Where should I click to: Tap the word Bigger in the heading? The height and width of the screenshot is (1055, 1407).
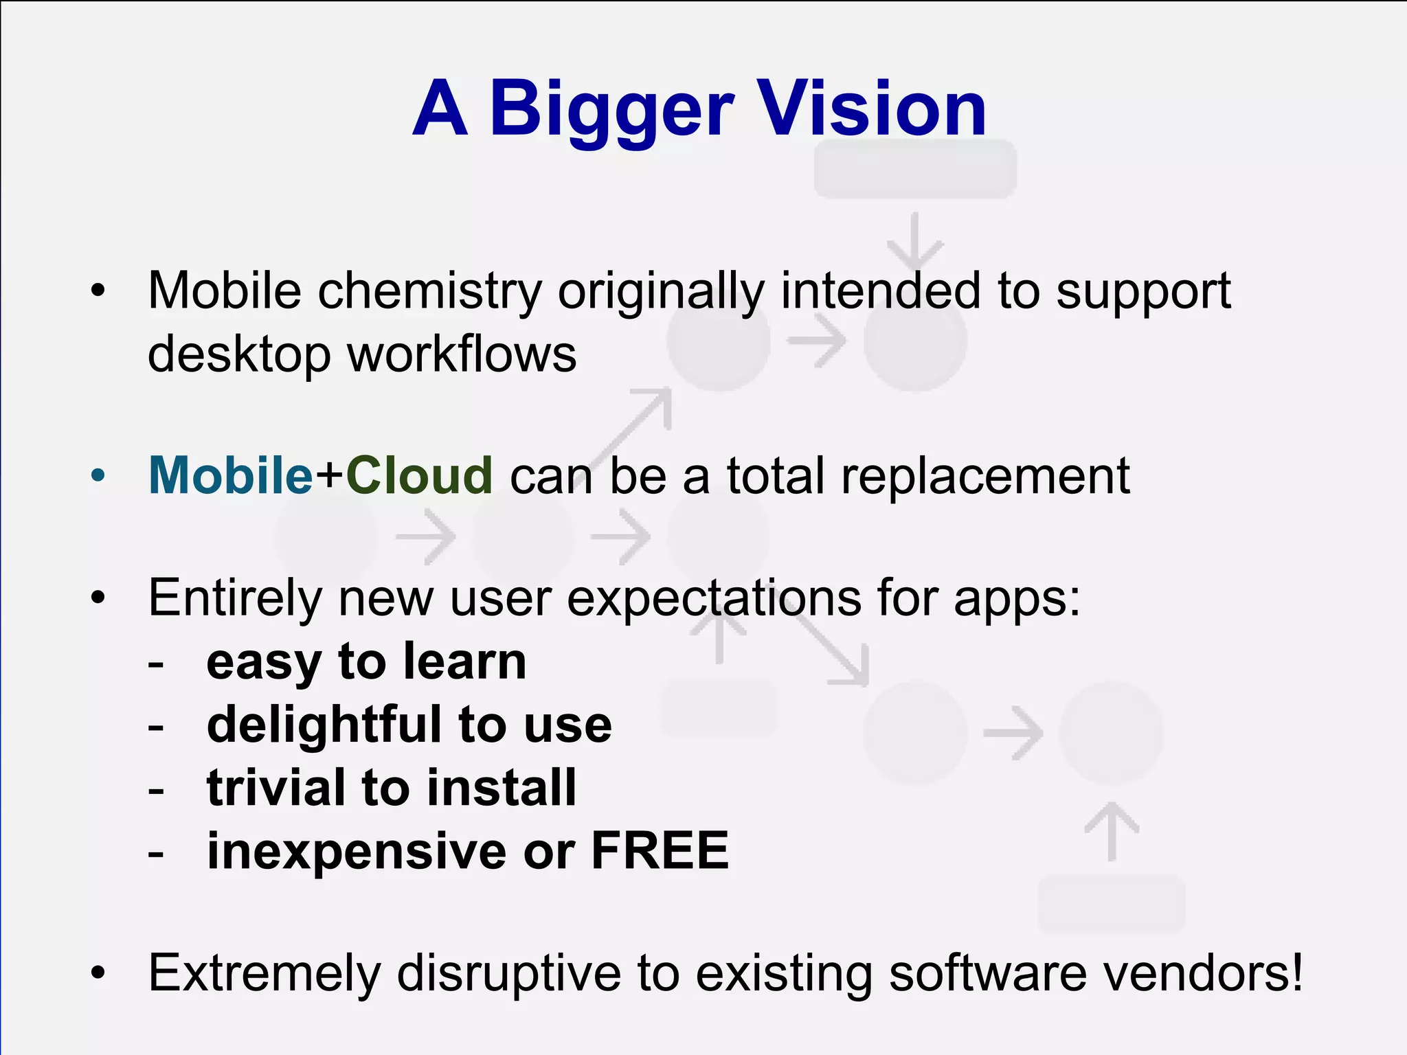click(611, 110)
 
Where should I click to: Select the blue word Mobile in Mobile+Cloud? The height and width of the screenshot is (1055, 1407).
click(231, 475)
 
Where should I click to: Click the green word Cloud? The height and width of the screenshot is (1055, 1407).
click(419, 475)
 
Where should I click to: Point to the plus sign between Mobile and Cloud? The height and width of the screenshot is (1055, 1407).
click(330, 477)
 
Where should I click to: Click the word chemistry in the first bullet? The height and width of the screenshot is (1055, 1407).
click(430, 291)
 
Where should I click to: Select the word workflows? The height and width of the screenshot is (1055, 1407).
click(462, 354)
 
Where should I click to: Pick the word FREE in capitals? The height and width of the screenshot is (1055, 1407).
click(660, 850)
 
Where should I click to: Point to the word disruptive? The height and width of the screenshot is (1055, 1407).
click(508, 974)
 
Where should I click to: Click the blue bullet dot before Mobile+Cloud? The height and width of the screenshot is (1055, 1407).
click(98, 475)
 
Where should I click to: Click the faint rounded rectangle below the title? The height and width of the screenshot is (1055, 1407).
click(914, 170)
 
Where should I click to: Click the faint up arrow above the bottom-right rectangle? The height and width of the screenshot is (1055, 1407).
click(1112, 830)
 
